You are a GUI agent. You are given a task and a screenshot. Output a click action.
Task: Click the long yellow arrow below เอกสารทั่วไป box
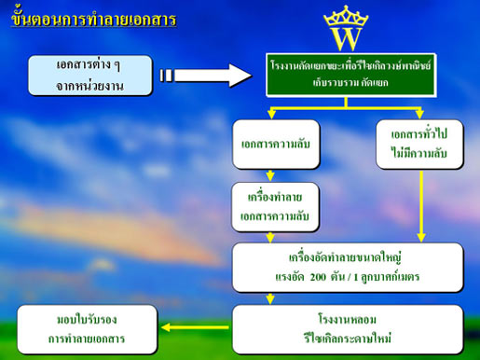(x=421, y=205)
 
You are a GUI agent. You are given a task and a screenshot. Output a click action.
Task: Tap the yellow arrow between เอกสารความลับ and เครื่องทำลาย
(x=271, y=174)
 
